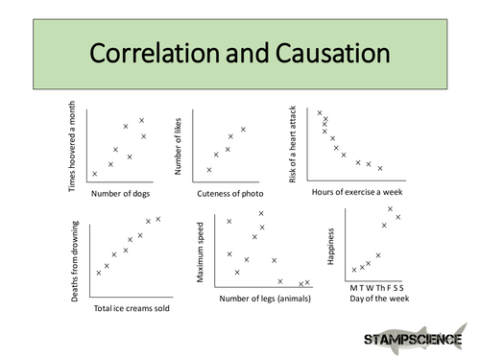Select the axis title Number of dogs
pyautogui.click(x=120, y=193)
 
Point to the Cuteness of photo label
pyautogui.click(x=230, y=193)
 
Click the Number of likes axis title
pyautogui.click(x=179, y=143)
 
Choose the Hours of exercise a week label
pyautogui.click(x=357, y=192)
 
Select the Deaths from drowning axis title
pyautogui.click(x=74, y=261)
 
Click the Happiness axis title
pyautogui.click(x=331, y=247)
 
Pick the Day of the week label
pyautogui.click(x=377, y=299)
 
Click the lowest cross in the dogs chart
pyautogui.click(x=94, y=174)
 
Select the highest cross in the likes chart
pyautogui.click(x=243, y=130)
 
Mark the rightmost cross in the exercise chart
pyautogui.click(x=380, y=168)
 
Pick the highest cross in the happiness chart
pyautogui.click(x=390, y=208)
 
